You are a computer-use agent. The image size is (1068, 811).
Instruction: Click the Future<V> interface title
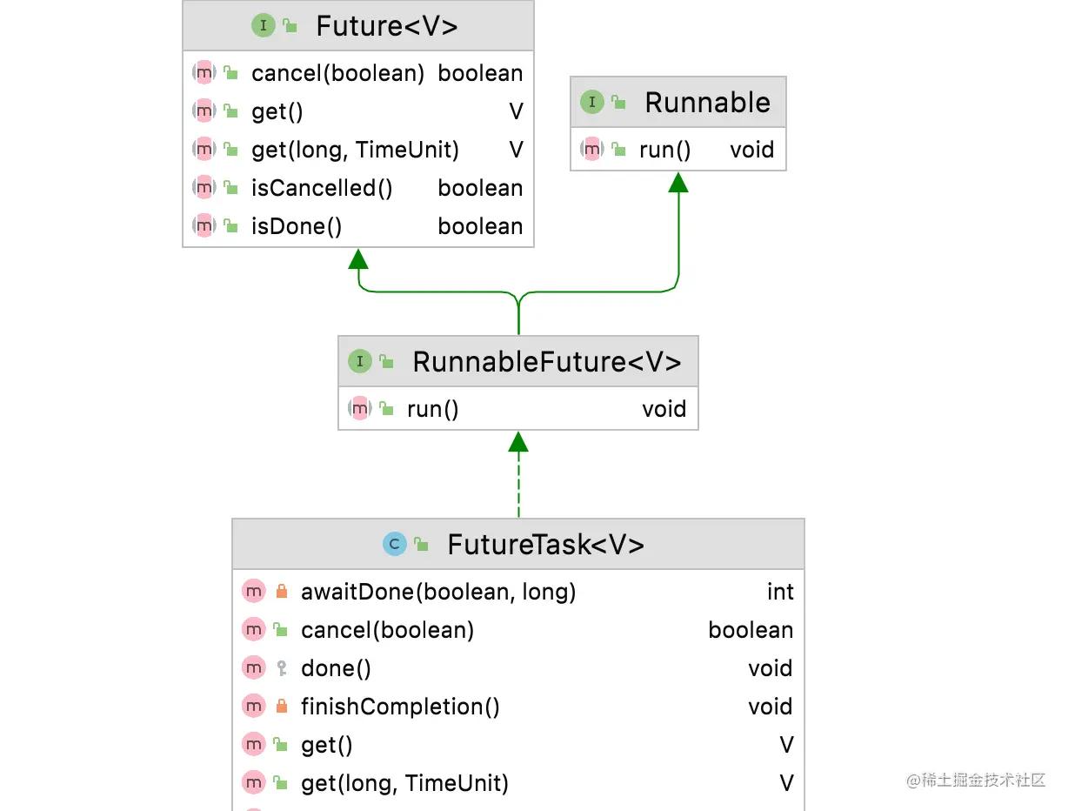(386, 26)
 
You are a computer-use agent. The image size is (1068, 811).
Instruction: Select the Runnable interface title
(707, 103)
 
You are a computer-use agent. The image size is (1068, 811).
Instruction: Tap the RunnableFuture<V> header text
(546, 362)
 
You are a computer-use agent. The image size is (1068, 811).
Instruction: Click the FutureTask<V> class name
(545, 545)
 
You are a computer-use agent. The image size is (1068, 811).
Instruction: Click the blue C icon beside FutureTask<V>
(394, 545)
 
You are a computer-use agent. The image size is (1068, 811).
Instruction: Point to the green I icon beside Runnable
(591, 103)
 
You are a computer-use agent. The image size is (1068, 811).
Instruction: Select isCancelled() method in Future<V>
(322, 188)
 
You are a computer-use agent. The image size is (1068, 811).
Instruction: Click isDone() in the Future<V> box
(297, 226)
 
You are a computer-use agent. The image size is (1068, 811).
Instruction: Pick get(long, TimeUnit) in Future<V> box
(355, 150)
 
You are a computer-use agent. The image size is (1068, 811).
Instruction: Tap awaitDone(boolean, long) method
(438, 592)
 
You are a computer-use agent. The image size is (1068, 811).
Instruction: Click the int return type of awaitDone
(780, 592)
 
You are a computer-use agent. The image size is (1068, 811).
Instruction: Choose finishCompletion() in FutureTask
(400, 707)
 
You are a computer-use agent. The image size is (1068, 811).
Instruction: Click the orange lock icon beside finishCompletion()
(281, 707)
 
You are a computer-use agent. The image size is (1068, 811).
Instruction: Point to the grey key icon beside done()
(281, 668)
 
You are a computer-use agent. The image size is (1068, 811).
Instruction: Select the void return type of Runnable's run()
(751, 150)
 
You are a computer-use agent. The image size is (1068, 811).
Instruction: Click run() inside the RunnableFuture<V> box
(432, 409)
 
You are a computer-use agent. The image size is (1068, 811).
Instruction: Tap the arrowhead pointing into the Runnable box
(678, 181)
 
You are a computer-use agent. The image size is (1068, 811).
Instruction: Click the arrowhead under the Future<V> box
(358, 258)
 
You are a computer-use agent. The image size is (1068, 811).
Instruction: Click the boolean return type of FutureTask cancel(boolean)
(751, 630)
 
